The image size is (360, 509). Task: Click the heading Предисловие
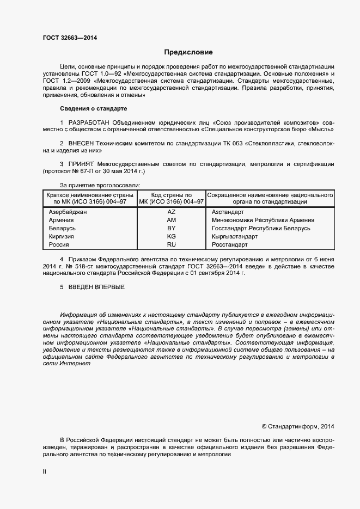[188, 53]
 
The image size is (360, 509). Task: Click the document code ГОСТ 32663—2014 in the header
[70, 38]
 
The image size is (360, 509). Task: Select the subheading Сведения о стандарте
[93, 109]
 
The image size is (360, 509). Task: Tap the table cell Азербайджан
[68, 212]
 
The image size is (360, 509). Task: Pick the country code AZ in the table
[171, 212]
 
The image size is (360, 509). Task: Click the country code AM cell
[171, 220]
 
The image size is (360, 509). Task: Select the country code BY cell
[171, 228]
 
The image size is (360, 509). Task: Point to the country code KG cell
[171, 237]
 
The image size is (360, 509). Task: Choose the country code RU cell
[171, 245]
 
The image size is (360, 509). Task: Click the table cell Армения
[62, 220]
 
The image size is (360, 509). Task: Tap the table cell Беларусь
[62, 228]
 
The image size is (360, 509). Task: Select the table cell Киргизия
[62, 237]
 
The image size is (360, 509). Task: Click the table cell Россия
[59, 245]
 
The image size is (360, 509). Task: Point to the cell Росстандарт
[229, 245]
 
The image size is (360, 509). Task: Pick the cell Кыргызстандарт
[235, 237]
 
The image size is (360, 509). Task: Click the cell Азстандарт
[228, 212]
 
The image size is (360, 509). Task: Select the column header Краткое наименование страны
[90, 195]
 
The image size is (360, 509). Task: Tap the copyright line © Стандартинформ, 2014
[298, 426]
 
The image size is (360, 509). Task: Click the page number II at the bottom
[45, 473]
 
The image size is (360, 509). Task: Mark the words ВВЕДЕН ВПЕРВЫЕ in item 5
[96, 287]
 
